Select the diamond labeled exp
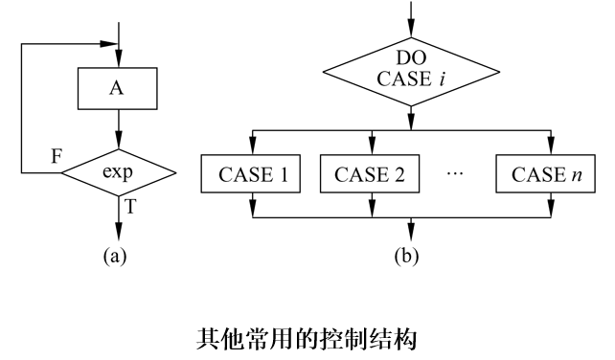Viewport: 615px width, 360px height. (x=119, y=173)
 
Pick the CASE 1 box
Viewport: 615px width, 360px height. (x=251, y=175)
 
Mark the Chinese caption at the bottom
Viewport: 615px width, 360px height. (x=307, y=336)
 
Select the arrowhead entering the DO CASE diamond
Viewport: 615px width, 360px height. (x=412, y=28)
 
